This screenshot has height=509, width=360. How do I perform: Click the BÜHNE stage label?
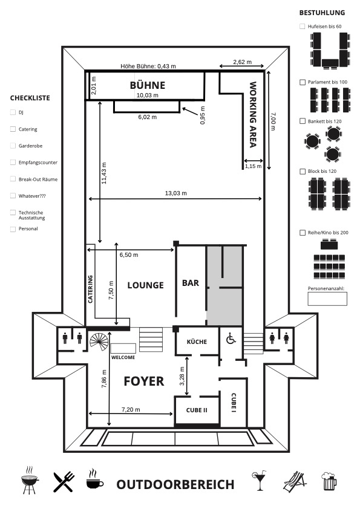pyautogui.click(x=148, y=85)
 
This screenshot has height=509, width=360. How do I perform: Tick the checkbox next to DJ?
pyautogui.click(x=13, y=112)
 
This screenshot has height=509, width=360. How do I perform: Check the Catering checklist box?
pyautogui.click(x=13, y=129)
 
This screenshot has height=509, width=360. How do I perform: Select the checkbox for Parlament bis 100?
pyautogui.click(x=303, y=82)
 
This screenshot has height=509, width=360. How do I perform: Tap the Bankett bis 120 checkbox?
pyautogui.click(x=303, y=121)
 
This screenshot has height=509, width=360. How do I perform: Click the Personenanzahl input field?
pyautogui.click(x=327, y=299)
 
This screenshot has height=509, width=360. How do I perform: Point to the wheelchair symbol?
pyautogui.click(x=231, y=339)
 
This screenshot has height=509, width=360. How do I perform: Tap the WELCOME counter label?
pyautogui.click(x=123, y=357)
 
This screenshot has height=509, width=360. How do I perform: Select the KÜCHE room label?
pyautogui.click(x=197, y=342)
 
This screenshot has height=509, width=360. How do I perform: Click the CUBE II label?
pyautogui.click(x=197, y=410)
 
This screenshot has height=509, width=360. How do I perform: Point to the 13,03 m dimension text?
pyautogui.click(x=176, y=193)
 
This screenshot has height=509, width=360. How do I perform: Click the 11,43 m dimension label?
pyautogui.click(x=104, y=173)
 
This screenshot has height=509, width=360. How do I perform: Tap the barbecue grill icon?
pyautogui.click(x=30, y=481)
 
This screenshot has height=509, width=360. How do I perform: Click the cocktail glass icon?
pyautogui.click(x=259, y=480)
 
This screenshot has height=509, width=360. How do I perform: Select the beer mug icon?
pyautogui.click(x=329, y=481)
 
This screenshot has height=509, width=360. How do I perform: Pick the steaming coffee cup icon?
pyautogui.click(x=95, y=478)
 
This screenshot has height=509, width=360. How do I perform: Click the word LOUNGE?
pyautogui.click(x=146, y=285)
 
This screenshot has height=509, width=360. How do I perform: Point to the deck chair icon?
pyautogui.click(x=295, y=482)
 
